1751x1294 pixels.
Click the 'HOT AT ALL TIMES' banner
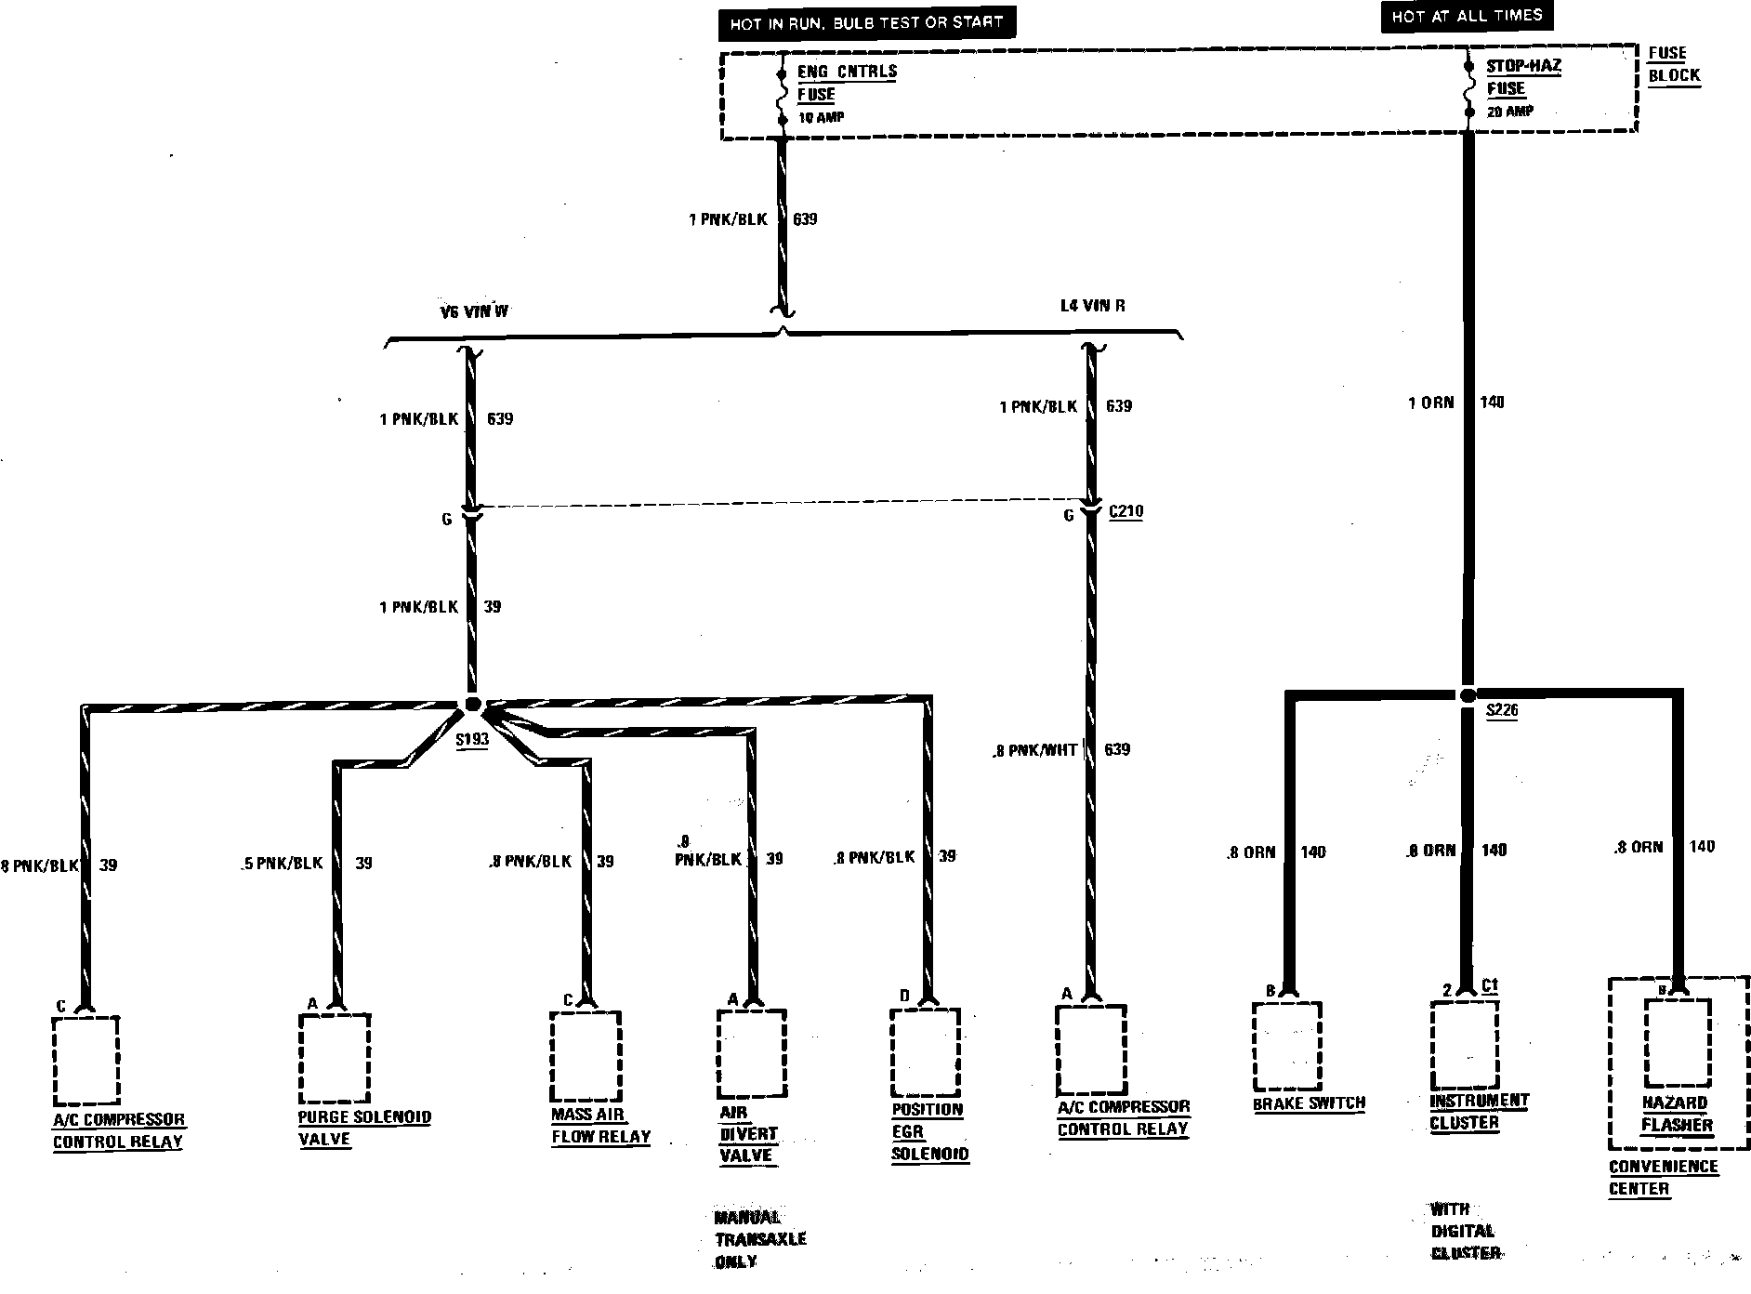[1467, 17]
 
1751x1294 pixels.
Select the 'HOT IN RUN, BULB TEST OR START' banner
[866, 23]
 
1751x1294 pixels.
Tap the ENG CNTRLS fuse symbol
[782, 94]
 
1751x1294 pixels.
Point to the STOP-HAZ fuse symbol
[1469, 88]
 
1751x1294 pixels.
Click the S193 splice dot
[472, 705]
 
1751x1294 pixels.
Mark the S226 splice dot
[1468, 695]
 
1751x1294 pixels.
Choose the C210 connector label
[1126, 511]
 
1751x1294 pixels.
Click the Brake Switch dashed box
[1287, 1046]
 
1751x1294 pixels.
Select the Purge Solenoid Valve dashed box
[335, 1057]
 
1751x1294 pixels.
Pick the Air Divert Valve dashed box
[752, 1053]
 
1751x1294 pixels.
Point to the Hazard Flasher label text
[1676, 1114]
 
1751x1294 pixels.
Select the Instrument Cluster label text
[1478, 1111]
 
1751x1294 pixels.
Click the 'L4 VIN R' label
[1093, 306]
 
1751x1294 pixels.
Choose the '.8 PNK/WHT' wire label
[1033, 750]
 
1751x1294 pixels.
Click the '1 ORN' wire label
[1430, 403]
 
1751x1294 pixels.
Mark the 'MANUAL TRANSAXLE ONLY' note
[758, 1239]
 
